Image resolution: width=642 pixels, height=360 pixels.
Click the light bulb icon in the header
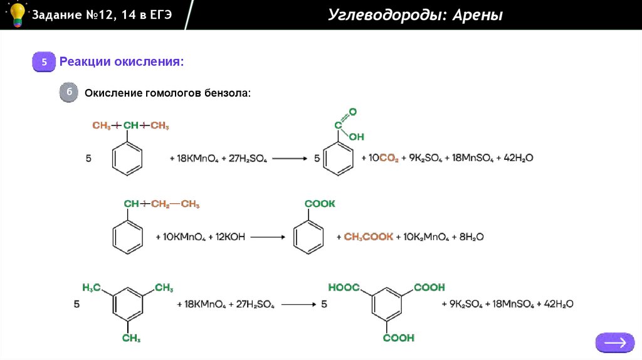pos(17,14)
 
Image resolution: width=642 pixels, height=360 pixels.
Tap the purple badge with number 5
pos(45,62)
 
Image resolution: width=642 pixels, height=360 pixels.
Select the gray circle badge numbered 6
pos(69,93)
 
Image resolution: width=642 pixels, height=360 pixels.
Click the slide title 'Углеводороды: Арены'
pos(415,14)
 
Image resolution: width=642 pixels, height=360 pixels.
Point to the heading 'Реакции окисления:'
pos(122,62)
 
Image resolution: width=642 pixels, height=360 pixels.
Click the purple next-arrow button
pos(615,342)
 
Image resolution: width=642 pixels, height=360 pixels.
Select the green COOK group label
pos(320,204)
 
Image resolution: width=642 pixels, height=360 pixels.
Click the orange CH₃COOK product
pos(369,237)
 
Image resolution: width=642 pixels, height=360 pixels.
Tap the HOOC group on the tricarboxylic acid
pos(344,287)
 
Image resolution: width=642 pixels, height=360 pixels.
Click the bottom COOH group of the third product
pos(399,337)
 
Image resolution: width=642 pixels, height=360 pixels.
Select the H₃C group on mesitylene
pos(92,287)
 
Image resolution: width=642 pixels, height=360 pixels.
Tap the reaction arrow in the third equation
pos(298,304)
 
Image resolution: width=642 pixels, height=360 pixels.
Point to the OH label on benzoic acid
pos(356,136)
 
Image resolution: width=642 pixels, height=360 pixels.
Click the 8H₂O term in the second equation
pos(470,237)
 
